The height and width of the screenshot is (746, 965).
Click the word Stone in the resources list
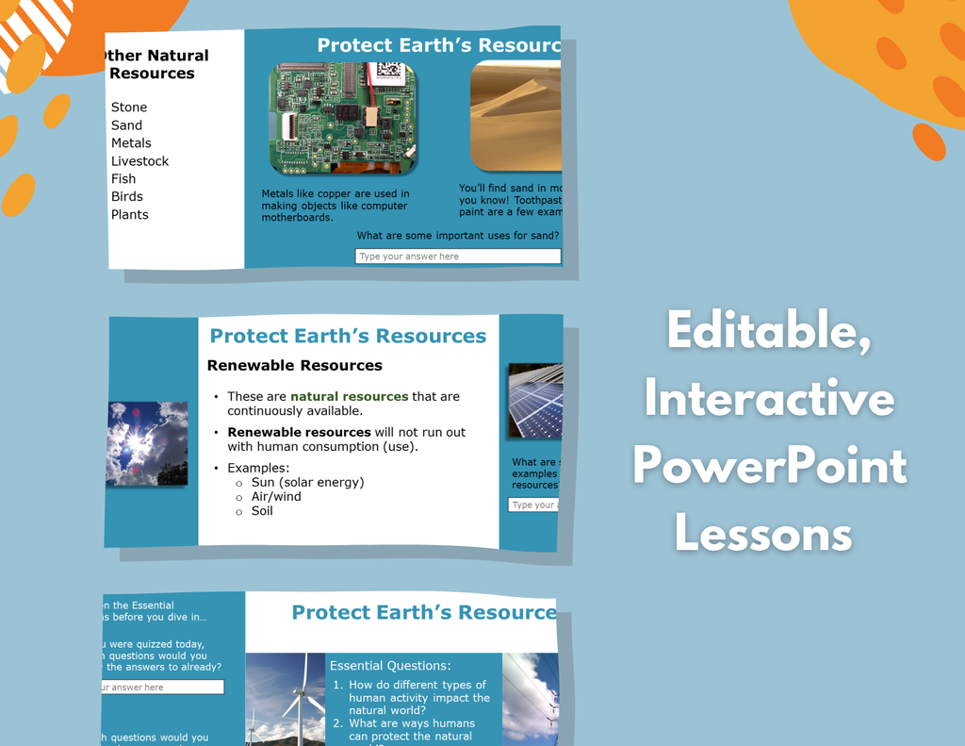129,108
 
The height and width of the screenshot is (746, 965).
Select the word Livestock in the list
139,161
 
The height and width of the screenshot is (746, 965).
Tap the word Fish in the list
123,179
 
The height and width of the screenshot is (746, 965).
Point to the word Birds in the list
127,197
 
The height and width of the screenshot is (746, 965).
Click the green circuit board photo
343,118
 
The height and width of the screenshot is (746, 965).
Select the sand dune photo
515,117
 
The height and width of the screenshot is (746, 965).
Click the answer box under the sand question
457,257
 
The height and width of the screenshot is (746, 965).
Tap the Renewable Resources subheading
294,366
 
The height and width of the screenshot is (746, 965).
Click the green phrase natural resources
349,397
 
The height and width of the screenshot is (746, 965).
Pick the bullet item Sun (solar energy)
307,483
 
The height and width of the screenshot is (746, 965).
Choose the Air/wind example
276,497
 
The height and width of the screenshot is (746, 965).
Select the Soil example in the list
262,511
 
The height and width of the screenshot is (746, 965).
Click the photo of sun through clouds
147,443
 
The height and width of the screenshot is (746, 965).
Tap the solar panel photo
535,400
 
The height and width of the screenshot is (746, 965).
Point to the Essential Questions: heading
390,666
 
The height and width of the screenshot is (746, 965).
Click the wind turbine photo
286,699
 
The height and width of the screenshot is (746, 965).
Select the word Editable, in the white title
768,332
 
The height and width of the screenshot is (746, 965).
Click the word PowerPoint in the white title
769,467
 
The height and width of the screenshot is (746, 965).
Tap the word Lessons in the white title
763,535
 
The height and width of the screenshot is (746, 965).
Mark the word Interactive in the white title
769,399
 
